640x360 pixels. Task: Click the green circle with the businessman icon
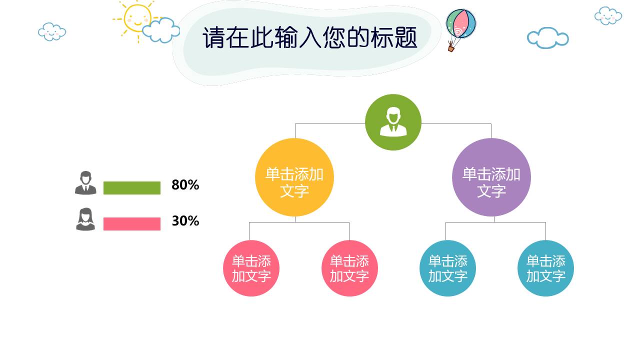click(x=393, y=122)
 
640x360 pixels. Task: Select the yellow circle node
click(x=294, y=177)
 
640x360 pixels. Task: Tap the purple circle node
click(x=491, y=177)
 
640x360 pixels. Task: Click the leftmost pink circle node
click(x=251, y=268)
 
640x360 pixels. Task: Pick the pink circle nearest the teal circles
click(x=349, y=268)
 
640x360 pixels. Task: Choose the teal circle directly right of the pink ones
click(x=447, y=268)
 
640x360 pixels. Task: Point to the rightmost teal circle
click(x=545, y=268)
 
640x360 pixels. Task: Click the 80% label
click(x=185, y=185)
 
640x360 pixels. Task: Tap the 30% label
click(x=185, y=221)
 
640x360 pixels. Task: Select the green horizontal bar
click(x=132, y=188)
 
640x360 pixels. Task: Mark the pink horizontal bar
click(x=132, y=224)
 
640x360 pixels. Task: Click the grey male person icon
click(x=85, y=183)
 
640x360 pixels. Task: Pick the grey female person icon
click(x=85, y=219)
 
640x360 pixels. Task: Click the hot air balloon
click(x=461, y=24)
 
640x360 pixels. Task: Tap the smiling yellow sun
click(x=136, y=18)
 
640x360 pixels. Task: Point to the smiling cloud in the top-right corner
click(x=608, y=15)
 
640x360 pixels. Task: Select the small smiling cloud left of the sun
click(x=52, y=31)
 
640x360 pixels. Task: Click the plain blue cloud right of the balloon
click(x=547, y=38)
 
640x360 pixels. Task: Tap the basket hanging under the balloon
click(x=451, y=48)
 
